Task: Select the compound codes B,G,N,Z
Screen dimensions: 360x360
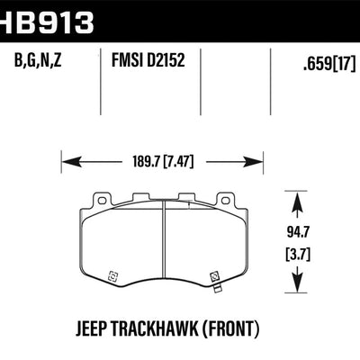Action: [x=39, y=62]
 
